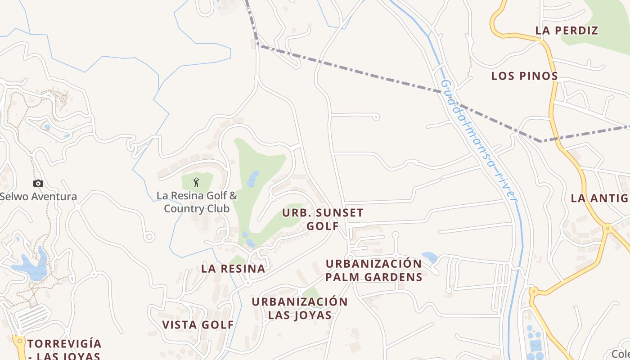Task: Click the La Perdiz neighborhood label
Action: pos(567,31)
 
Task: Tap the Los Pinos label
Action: pos(525,76)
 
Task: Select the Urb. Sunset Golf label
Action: pos(323,219)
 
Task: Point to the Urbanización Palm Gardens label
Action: pos(374,270)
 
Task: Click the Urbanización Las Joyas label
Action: pos(300,308)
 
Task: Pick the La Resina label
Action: pos(233,269)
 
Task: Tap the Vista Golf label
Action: pos(198,324)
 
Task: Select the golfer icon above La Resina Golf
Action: pos(196,182)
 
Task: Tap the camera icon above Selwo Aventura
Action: pos(38,183)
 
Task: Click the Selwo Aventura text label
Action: pos(38,197)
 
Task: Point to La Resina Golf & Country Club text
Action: pos(197,202)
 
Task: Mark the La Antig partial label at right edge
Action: pos(599,198)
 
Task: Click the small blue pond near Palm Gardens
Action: pos(430,257)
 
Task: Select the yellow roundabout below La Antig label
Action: pos(608,228)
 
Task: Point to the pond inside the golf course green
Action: pos(253,179)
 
